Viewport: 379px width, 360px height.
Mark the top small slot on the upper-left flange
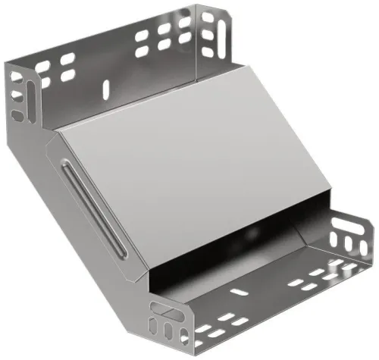[17, 78]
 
